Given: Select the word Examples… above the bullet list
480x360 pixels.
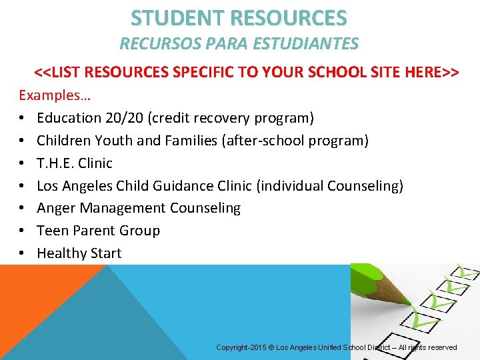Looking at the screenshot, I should [55, 95].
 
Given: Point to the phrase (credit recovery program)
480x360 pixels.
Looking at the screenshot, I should [231, 118].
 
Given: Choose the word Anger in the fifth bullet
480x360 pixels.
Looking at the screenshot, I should [55, 208].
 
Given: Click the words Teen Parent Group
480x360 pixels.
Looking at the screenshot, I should [98, 231].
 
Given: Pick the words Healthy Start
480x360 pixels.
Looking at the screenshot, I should [79, 253].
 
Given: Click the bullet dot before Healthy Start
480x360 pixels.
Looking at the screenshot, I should [23, 253].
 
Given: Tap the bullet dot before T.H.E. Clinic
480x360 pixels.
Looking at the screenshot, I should [23, 163].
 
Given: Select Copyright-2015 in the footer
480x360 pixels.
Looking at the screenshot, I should [241, 347].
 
